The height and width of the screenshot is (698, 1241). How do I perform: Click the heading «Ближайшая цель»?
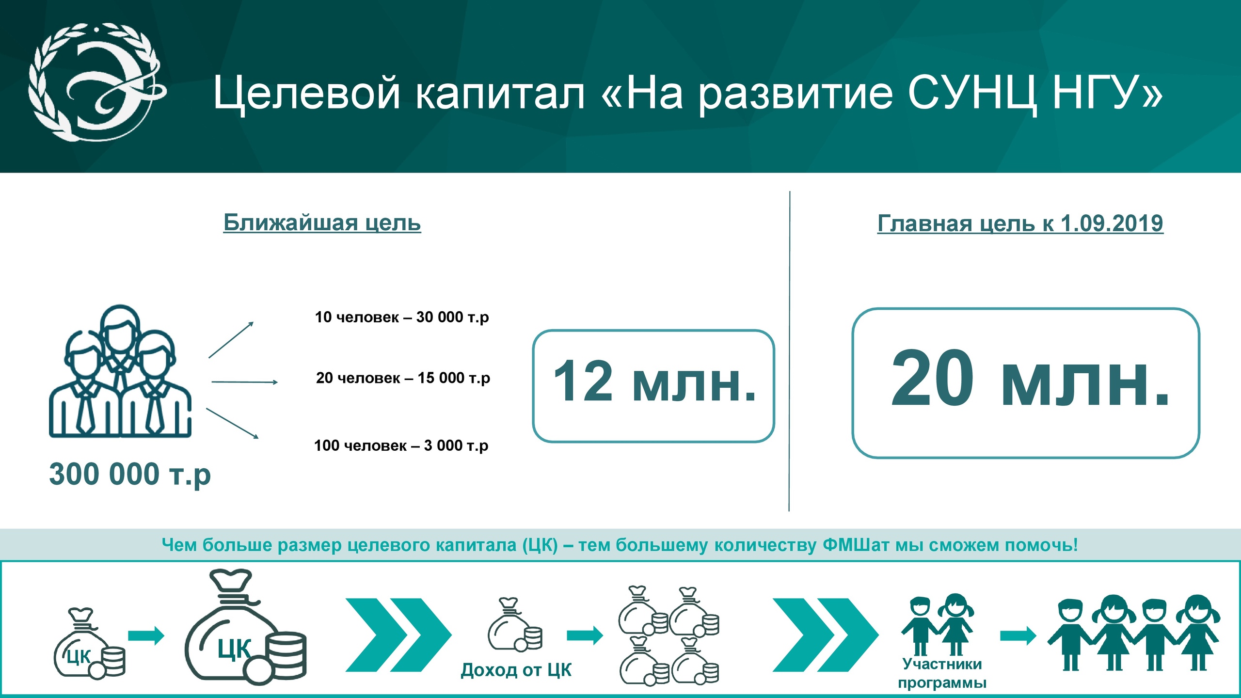coord(322,222)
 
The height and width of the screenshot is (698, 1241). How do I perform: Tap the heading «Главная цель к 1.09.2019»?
coord(1020,223)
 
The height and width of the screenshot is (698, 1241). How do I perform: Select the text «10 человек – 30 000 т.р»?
coord(402,317)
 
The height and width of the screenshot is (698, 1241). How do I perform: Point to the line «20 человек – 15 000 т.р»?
coord(403,378)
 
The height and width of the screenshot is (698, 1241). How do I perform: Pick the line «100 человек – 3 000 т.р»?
coord(401,445)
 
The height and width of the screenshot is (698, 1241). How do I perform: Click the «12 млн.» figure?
coord(654,381)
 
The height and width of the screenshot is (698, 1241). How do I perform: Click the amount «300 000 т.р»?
coord(130,474)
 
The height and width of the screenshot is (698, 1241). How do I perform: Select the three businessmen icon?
coord(120,371)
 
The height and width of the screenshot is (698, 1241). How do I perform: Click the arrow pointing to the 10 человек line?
coord(231,340)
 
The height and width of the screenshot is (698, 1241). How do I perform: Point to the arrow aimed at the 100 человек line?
coord(232,423)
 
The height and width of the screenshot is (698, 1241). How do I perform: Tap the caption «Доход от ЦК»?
coord(516,670)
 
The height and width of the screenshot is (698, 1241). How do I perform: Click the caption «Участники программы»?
coord(942,673)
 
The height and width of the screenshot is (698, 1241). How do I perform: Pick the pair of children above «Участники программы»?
coord(937,624)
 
